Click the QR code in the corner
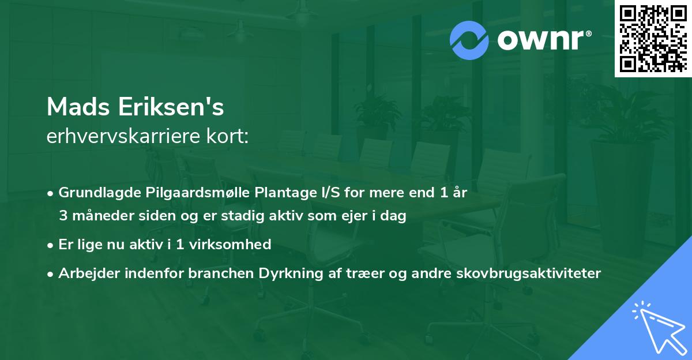pyautogui.click(x=653, y=39)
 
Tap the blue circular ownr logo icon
pyautogui.click(x=469, y=40)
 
